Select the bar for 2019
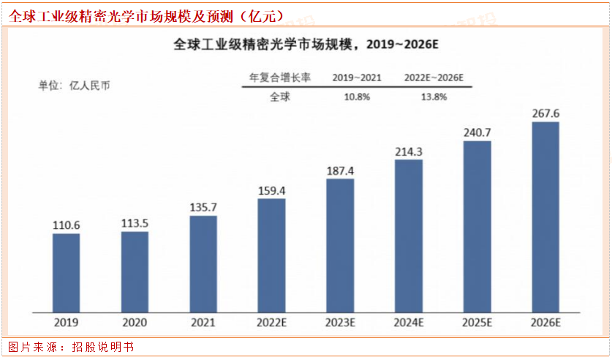(66, 271)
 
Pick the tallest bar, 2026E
(545, 216)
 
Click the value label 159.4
(271, 191)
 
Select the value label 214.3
(409, 151)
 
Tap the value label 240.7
(477, 133)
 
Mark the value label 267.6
(546, 113)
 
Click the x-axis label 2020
(135, 323)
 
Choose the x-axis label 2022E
(271, 323)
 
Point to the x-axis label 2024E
(409, 323)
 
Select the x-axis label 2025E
(477, 323)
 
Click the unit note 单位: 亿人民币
(75, 85)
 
